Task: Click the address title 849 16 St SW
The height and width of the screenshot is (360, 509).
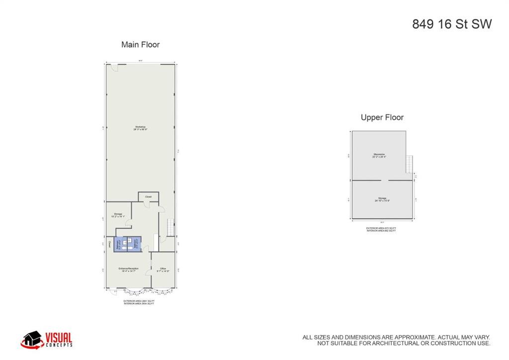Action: pos(451,24)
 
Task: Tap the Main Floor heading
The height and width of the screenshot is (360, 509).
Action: pos(140,45)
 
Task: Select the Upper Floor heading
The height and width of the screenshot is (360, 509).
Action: pos(382,118)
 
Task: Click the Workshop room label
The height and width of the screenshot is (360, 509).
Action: pos(140,128)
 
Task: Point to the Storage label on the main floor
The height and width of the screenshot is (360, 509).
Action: pos(118,215)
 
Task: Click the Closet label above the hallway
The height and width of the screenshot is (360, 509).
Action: pos(148,197)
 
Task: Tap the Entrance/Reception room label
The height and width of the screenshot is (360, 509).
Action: pos(128,270)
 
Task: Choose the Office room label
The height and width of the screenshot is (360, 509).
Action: pos(163,270)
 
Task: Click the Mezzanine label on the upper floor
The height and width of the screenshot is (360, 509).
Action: pos(379,155)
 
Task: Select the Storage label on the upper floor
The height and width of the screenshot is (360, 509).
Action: pos(382,199)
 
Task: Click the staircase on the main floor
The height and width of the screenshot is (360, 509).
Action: pos(170,227)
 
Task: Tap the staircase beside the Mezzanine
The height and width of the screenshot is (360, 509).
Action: pos(410,164)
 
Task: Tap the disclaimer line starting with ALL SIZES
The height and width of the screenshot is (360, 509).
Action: pos(396,337)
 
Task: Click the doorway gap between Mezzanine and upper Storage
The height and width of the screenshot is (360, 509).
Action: pos(381,180)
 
